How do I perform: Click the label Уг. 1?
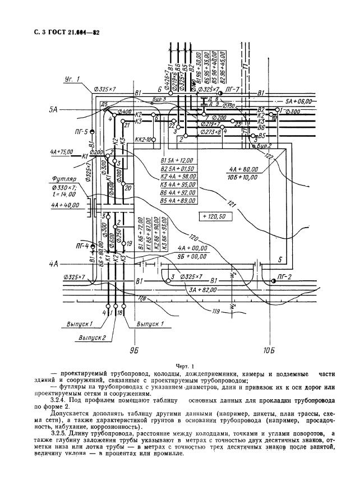[71, 78]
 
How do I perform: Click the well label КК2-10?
[144, 140]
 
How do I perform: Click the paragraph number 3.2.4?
[59, 401]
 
